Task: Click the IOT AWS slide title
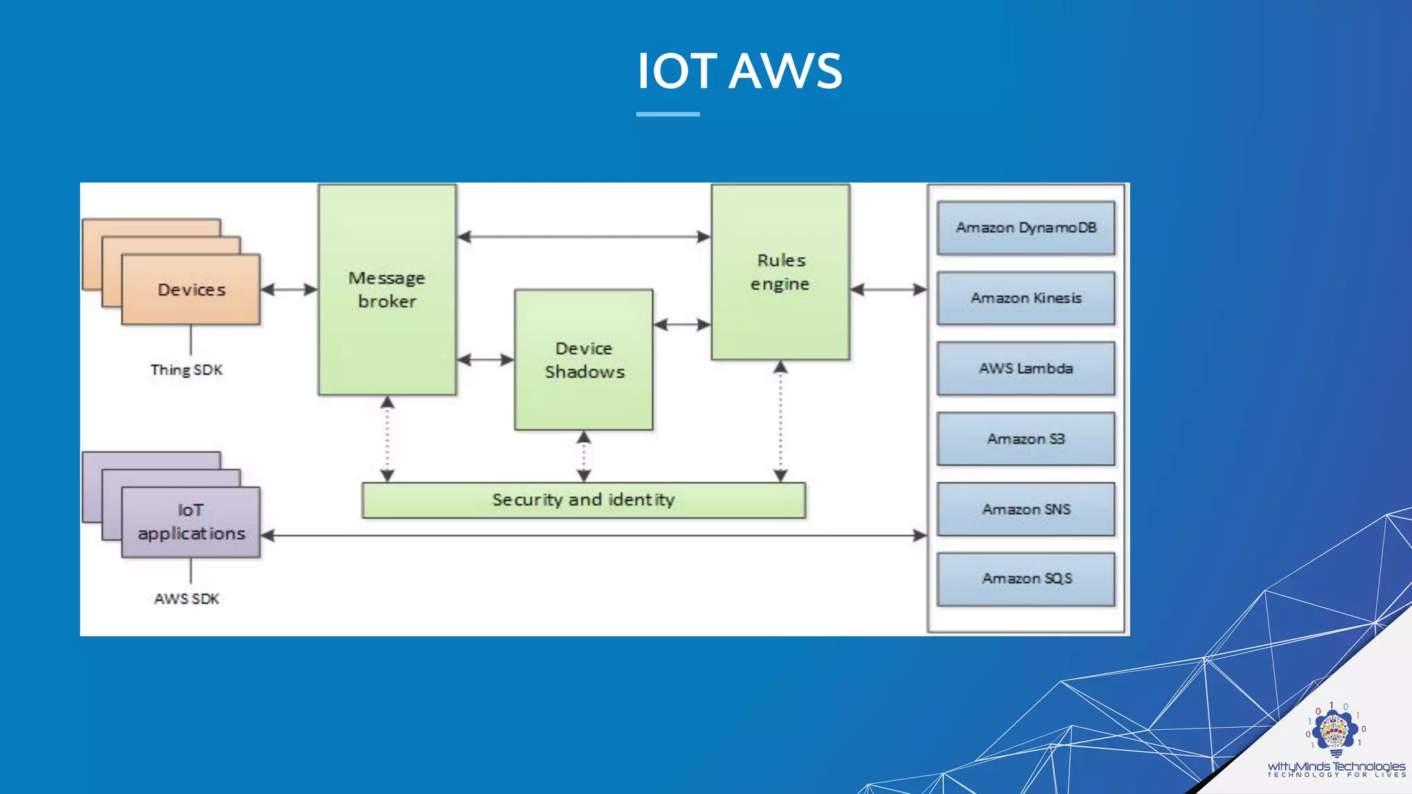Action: click(739, 71)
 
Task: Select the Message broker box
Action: click(387, 289)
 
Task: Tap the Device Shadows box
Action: click(584, 360)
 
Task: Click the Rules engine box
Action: click(780, 272)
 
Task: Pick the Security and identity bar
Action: click(583, 500)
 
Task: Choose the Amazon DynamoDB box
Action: click(1026, 228)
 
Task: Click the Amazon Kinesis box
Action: click(1026, 298)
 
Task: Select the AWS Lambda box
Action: click(1026, 369)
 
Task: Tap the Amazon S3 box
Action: click(1026, 439)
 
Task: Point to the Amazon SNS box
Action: click(1026, 509)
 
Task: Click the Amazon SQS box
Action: click(1026, 579)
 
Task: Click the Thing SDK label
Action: click(187, 370)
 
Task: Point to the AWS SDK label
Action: click(187, 599)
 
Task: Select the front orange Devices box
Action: click(191, 290)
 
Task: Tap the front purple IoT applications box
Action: click(191, 522)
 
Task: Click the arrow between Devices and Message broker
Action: click(289, 289)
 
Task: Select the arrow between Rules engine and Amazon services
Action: click(889, 289)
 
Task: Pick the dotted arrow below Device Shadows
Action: click(584, 456)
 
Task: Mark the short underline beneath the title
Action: click(667, 114)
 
